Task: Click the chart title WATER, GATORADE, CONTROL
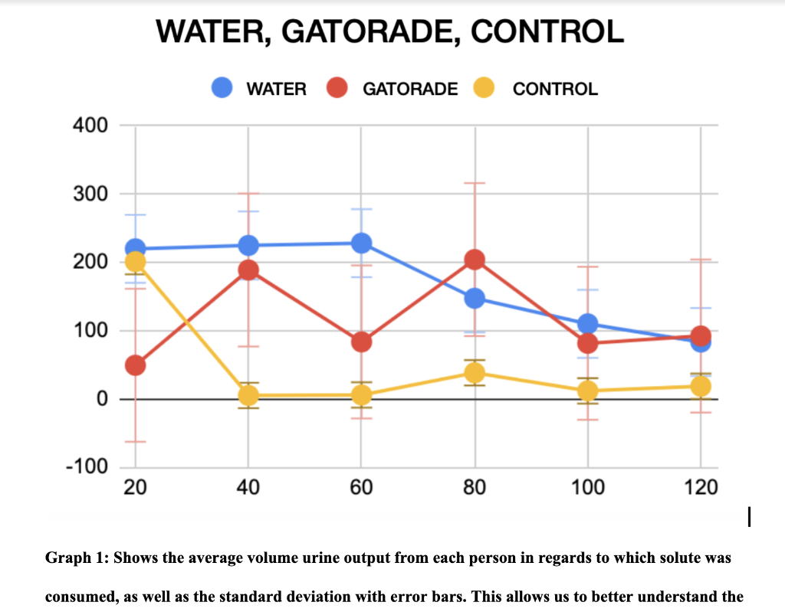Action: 389,32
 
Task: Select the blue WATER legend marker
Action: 223,89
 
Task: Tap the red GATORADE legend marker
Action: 338,89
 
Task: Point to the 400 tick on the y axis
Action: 91,125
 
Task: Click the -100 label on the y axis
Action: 87,467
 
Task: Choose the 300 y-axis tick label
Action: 91,194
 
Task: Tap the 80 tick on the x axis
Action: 475,488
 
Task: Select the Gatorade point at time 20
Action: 136,365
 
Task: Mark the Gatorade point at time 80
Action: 475,260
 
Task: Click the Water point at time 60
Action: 361,244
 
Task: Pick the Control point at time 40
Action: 248,395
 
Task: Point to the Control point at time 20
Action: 136,262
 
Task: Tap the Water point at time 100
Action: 587,324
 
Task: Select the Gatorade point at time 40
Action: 248,270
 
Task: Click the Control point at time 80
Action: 475,373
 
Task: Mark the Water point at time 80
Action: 475,298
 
